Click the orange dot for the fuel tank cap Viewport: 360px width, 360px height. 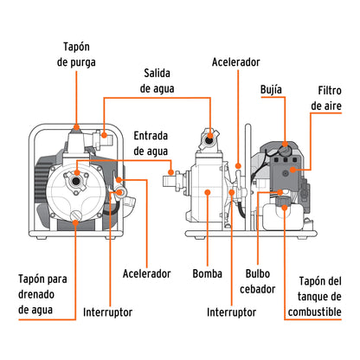[x=283, y=208]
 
